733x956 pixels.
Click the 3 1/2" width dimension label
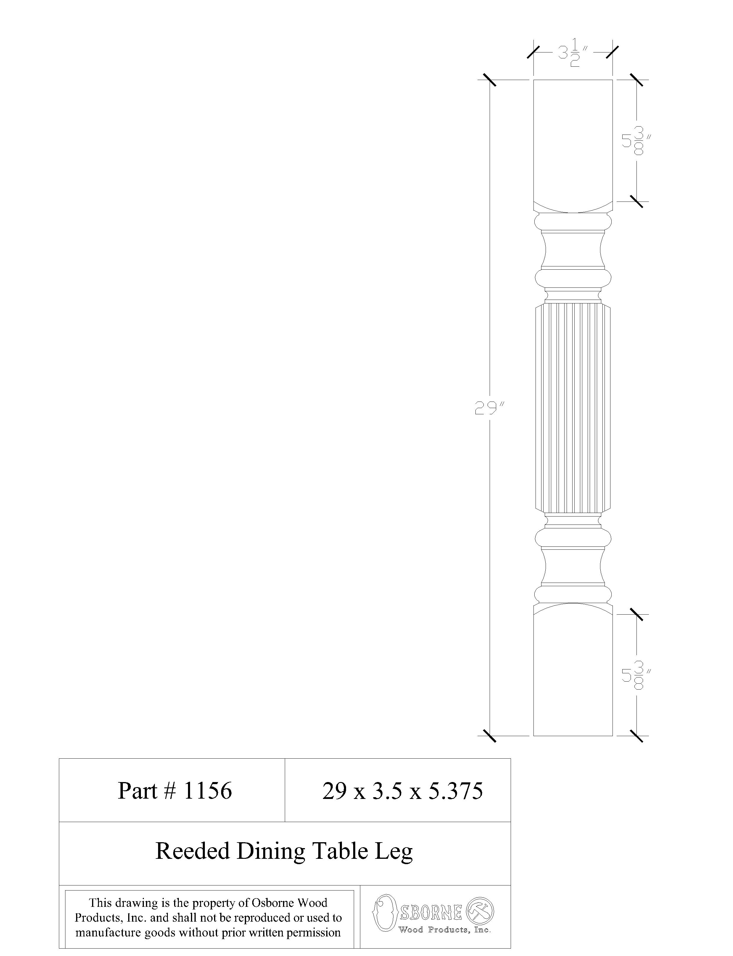(573, 53)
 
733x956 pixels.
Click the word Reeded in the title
(192, 851)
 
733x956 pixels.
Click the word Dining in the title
(271, 851)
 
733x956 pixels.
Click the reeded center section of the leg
(573, 408)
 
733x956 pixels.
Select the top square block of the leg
(573, 140)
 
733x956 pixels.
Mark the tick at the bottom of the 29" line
(490, 736)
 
